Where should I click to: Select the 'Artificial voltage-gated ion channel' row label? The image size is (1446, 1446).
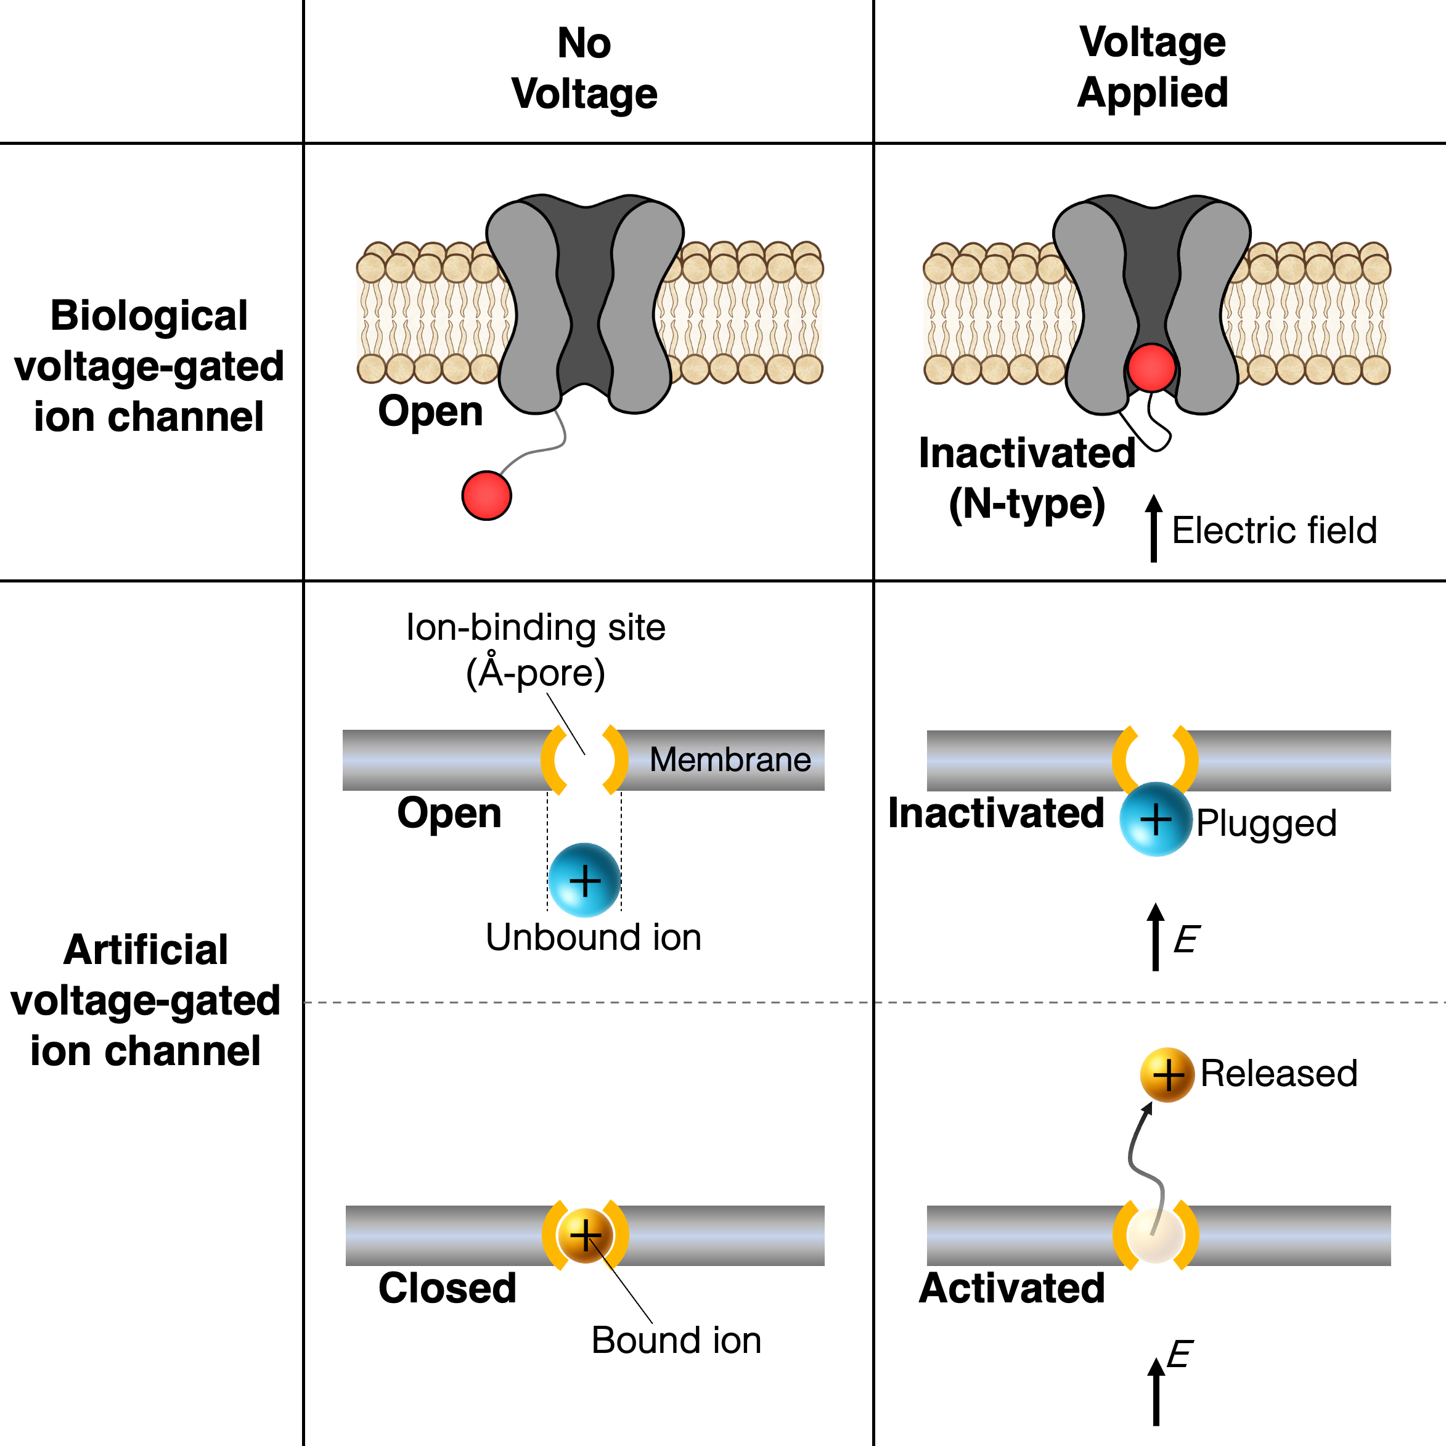point(146,1001)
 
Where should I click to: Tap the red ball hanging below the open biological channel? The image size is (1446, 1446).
point(486,496)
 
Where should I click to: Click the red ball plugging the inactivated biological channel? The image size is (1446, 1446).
point(1151,367)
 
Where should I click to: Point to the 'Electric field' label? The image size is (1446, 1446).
point(1274,530)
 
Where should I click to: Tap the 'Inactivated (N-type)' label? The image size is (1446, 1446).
point(1027,478)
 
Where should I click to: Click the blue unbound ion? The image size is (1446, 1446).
point(584,880)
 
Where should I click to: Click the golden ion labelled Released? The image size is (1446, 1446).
point(1167,1075)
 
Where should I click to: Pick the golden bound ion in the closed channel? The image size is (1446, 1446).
point(586,1235)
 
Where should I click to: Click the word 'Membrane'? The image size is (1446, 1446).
point(730,759)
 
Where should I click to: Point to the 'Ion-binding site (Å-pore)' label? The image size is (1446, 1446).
point(535,650)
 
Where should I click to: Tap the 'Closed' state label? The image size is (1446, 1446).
point(447,1288)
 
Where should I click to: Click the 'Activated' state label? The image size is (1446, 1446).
point(1012,1288)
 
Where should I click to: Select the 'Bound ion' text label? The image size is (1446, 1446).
point(676,1340)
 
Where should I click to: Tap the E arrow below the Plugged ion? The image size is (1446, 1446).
point(1156,937)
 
